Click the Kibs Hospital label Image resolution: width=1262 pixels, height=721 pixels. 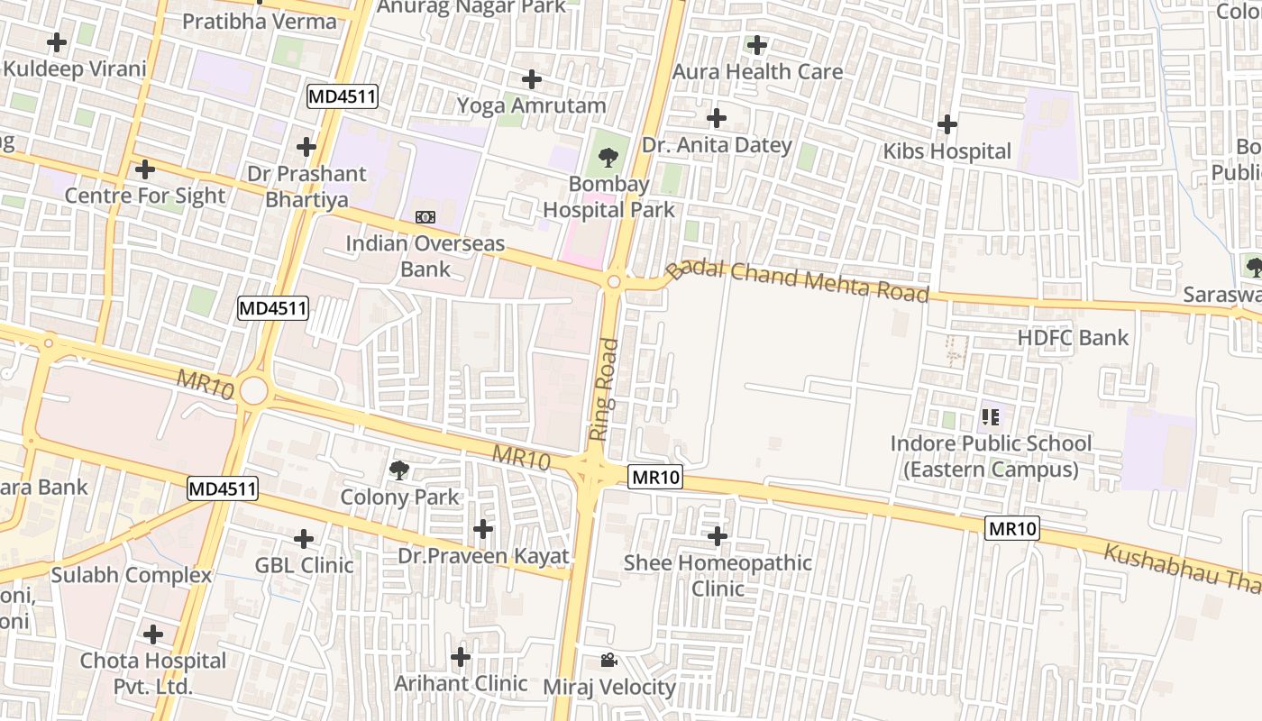pyautogui.click(x=946, y=151)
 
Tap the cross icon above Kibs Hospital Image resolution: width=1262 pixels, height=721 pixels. pyautogui.click(x=947, y=124)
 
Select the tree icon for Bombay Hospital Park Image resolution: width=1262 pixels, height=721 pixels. pyautogui.click(x=608, y=159)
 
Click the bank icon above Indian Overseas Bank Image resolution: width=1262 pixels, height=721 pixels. pyautogui.click(x=425, y=217)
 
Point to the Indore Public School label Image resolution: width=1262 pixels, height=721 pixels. pyautogui.click(x=991, y=456)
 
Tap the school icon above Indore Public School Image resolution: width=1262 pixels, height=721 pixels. pyautogui.click(x=991, y=416)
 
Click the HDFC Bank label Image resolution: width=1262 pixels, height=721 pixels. pyautogui.click(x=1073, y=338)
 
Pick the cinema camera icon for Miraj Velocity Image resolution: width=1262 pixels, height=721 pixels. pyautogui.click(x=608, y=661)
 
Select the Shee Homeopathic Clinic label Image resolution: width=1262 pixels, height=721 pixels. pyautogui.click(x=718, y=575)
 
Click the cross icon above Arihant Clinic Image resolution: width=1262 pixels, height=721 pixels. pyautogui.click(x=461, y=657)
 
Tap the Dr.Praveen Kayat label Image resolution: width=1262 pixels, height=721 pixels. pyautogui.click(x=484, y=556)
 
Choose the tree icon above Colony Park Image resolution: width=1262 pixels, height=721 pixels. pyautogui.click(x=398, y=470)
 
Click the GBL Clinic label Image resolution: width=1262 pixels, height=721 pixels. pyautogui.click(x=304, y=566)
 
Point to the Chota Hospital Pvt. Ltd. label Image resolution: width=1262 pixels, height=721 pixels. pyautogui.click(x=153, y=673)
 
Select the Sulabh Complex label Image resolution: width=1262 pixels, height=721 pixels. pyautogui.click(x=132, y=575)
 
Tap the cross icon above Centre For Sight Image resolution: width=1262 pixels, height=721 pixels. pyautogui.click(x=144, y=169)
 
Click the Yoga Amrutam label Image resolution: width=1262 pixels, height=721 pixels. pyautogui.click(x=531, y=105)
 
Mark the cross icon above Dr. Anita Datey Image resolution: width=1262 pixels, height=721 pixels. pyautogui.click(x=717, y=118)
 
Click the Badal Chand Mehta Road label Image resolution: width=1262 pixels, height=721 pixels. pyautogui.click(x=798, y=280)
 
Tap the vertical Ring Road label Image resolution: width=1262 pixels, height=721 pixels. pyautogui.click(x=604, y=389)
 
